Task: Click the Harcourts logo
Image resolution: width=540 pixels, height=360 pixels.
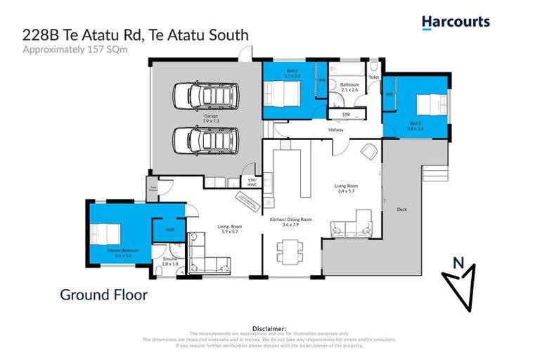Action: (x=456, y=22)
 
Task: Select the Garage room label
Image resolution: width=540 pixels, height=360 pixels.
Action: (x=210, y=118)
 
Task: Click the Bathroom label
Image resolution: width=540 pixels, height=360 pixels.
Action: (x=350, y=87)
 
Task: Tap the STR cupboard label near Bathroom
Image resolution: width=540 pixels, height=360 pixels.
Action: (x=345, y=114)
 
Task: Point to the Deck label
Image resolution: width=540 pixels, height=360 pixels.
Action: (x=401, y=209)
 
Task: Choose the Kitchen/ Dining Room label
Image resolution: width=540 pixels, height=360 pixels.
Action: (x=291, y=221)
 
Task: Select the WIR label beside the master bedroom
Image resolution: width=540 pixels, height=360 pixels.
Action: (x=169, y=230)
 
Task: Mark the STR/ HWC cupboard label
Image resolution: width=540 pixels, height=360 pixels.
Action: (x=252, y=181)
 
